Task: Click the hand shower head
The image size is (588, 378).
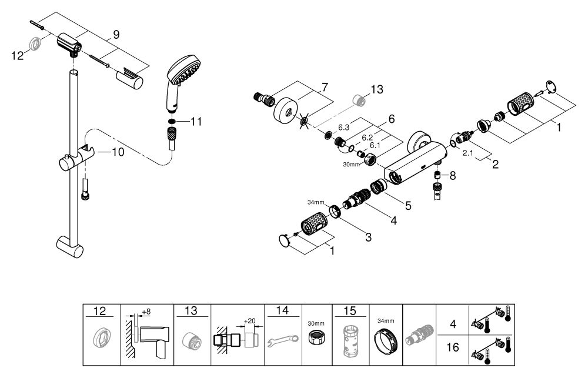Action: coord(181,78)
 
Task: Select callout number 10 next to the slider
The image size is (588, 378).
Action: coord(118,152)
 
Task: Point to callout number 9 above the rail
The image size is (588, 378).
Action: coord(116,35)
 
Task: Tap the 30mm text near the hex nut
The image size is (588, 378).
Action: coord(350,164)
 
